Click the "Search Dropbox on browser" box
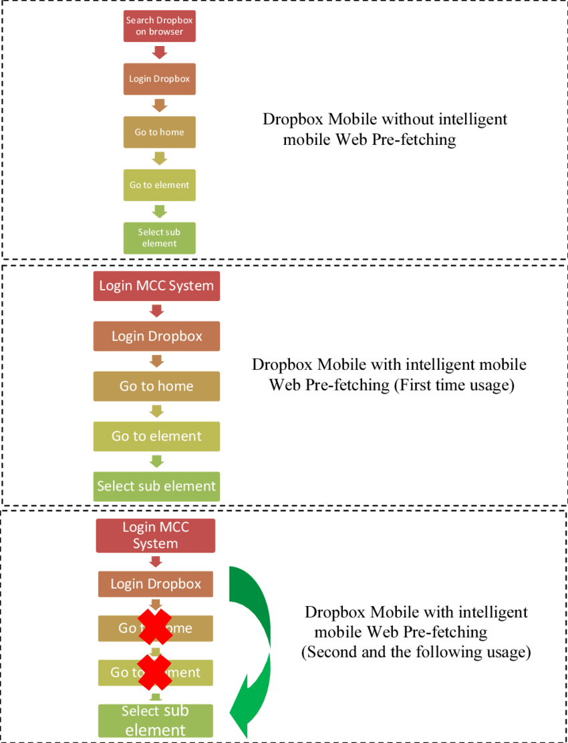point(159,26)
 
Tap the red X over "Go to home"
point(155,627)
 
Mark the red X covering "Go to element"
point(155,672)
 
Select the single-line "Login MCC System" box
point(156,286)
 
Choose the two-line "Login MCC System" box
point(156,535)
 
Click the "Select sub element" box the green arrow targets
point(156,720)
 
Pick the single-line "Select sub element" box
point(156,486)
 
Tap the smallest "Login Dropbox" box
point(159,79)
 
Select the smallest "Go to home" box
point(159,132)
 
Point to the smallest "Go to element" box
point(159,185)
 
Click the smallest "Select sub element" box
point(159,238)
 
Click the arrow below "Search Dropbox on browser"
point(159,52)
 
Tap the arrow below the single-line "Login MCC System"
point(157,310)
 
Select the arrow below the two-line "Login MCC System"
point(156,561)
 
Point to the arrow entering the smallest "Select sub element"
point(159,211)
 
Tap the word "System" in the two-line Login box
point(156,543)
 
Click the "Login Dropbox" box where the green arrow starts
point(156,584)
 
